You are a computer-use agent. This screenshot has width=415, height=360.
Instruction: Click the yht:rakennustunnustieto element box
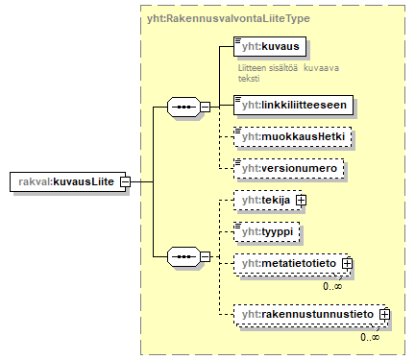tap(306, 313)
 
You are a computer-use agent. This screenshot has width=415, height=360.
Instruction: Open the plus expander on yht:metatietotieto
tap(348, 263)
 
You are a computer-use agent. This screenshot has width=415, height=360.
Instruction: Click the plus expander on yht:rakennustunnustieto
tap(384, 313)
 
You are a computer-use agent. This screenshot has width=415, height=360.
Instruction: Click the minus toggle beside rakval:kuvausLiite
tap(125, 181)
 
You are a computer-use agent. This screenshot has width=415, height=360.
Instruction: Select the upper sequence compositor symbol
tap(182, 107)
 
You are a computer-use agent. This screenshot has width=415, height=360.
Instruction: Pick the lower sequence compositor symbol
tap(182, 256)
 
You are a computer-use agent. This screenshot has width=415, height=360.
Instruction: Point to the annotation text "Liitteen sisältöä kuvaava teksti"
tap(288, 73)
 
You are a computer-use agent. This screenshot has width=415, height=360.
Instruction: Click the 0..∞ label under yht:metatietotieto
tap(334, 285)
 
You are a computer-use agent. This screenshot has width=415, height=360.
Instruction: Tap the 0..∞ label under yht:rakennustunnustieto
tap(371, 336)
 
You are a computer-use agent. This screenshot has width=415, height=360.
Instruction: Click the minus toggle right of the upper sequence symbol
tap(204, 107)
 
